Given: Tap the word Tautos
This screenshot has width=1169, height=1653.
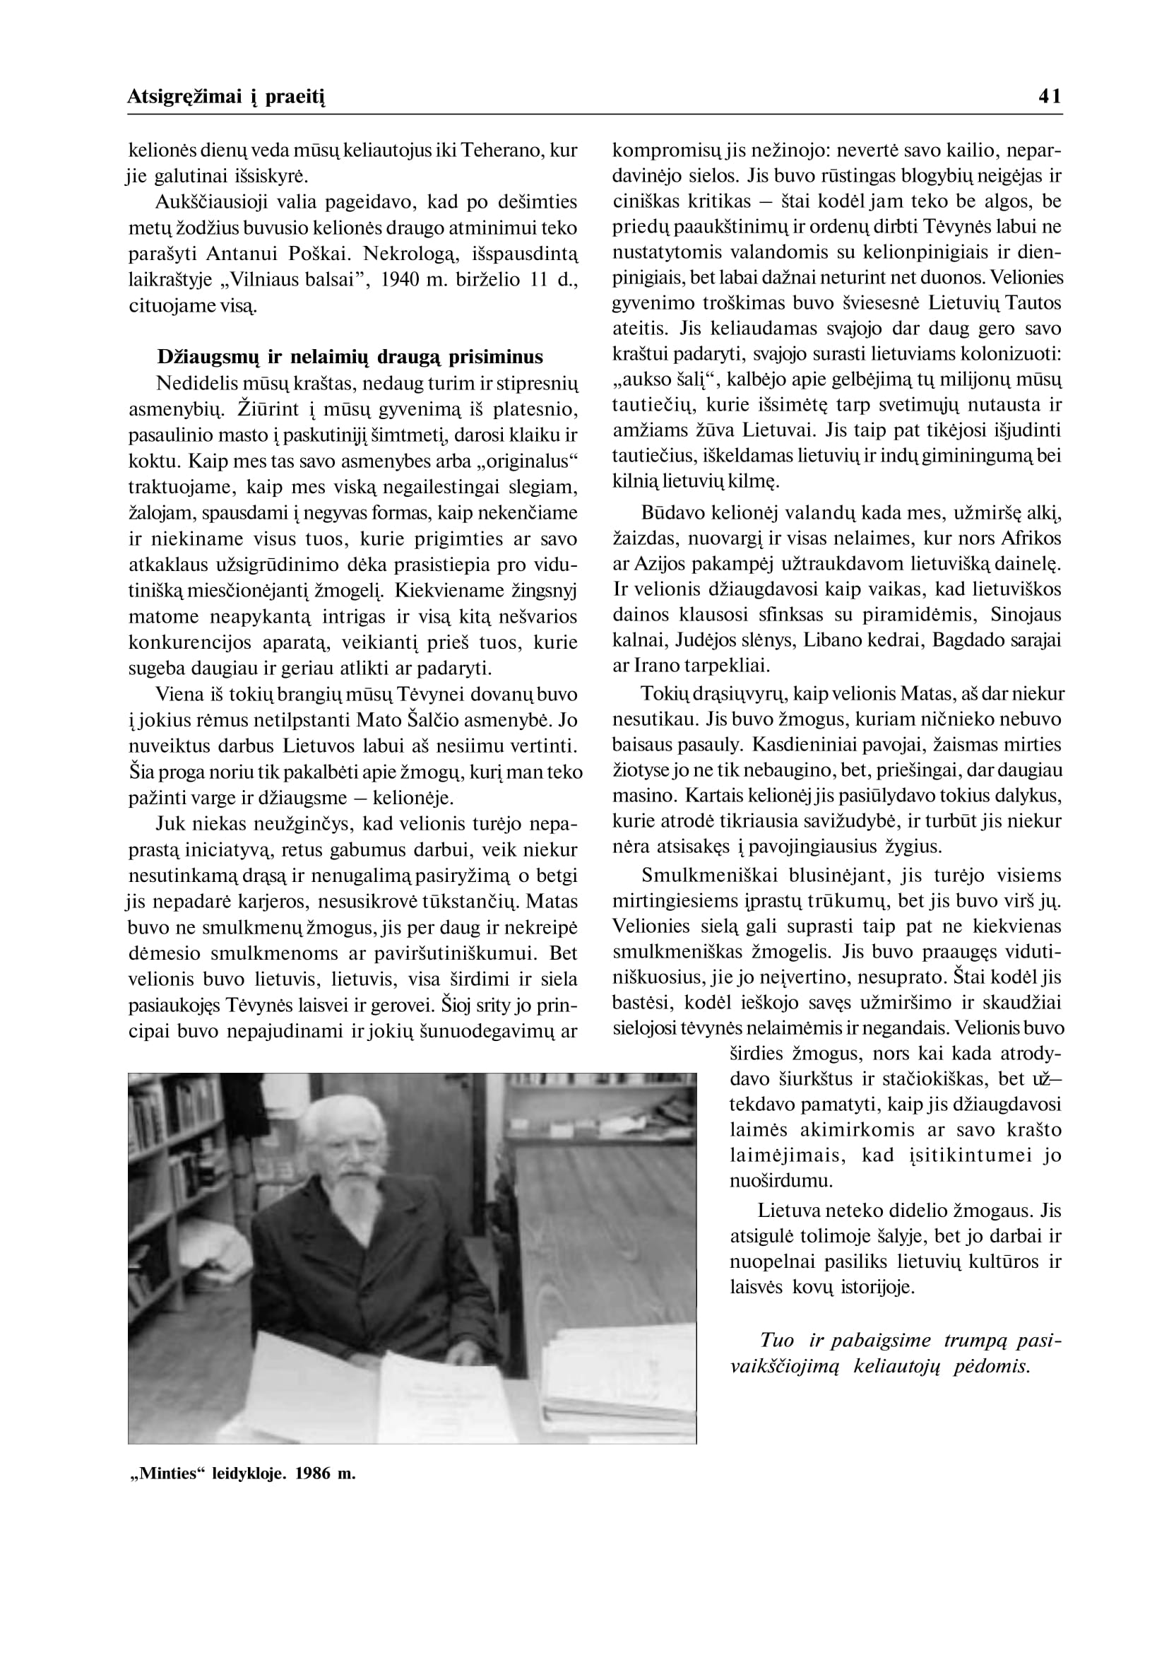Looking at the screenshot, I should [1033, 303].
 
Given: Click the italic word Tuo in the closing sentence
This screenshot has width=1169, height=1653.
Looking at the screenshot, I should [777, 1341].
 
